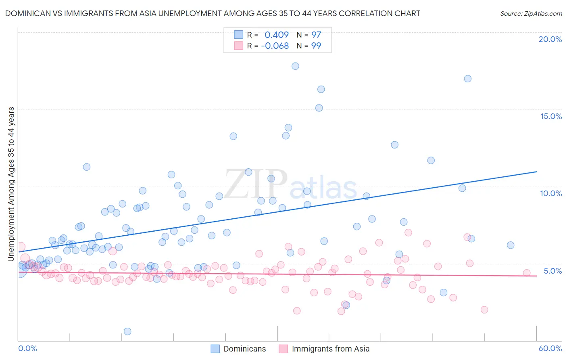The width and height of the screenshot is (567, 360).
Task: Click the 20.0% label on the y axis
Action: pos(550,39)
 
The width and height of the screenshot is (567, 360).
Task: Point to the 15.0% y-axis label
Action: pos(551,116)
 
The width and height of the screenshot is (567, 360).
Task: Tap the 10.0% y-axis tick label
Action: pos(551,193)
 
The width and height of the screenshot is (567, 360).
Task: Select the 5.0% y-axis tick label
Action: pos(552,271)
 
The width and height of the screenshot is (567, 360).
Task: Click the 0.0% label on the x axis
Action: pos(28,348)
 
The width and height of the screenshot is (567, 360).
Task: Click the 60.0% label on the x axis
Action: pos(550,348)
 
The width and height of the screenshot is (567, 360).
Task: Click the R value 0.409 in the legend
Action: pos(277,35)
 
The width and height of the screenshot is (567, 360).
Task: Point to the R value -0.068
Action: pos(275,46)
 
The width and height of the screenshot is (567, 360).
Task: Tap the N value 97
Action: pos(316,35)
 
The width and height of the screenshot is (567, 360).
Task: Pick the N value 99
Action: pos(316,46)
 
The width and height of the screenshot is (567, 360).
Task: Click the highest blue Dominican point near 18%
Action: pos(295,66)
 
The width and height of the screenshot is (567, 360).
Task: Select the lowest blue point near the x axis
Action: pos(127,331)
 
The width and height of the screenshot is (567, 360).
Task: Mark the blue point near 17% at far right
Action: pos(468,79)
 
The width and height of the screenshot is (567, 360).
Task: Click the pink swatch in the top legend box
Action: pos(239,46)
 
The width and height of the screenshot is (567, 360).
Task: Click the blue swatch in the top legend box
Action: pos(239,35)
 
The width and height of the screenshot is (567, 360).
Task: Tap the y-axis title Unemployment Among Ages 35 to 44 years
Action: pos(11,184)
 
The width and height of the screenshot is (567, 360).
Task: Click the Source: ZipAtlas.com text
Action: pos(531,14)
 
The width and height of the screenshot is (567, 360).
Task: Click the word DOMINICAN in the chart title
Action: pos(27,14)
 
